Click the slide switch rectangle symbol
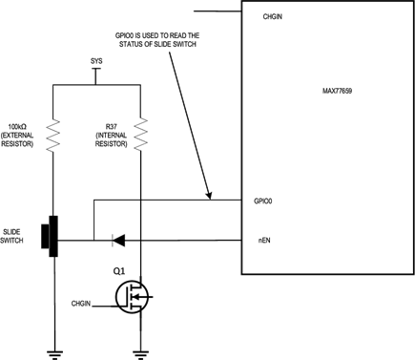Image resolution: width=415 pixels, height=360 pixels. pyautogui.click(x=47, y=237)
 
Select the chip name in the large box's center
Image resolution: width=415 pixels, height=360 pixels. pyautogui.click(x=337, y=92)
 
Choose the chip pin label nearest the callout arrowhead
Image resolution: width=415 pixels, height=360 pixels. pyautogui.click(x=263, y=202)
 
